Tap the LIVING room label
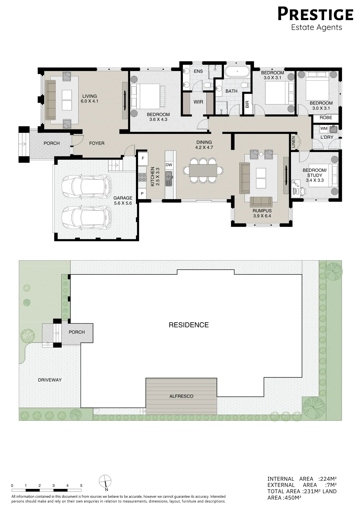pos(90,96)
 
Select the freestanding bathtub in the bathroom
pos(237,71)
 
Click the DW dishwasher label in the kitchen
pos(169,165)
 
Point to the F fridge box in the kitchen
pos(143,158)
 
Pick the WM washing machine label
pos(324,129)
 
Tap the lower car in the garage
pos(87,217)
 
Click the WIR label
pos(198,102)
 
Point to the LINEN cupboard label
pos(293,142)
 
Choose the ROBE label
pos(326,118)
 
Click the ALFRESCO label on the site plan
pos(181,396)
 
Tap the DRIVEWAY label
pos(50,380)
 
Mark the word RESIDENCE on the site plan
pos(189,325)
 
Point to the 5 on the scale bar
pos(81,486)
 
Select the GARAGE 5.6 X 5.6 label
pos(123,201)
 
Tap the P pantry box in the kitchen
pos(142,193)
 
